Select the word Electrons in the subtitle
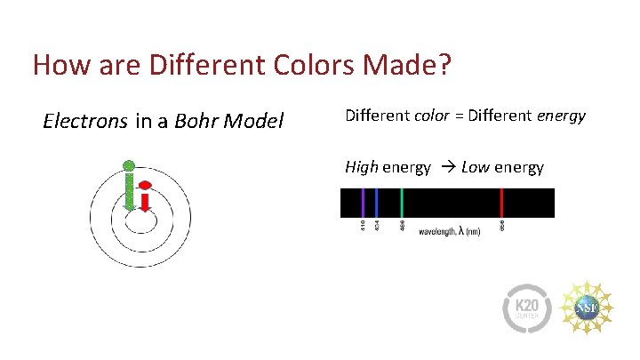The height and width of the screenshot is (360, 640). [x=85, y=121]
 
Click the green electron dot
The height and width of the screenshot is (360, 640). [x=129, y=165]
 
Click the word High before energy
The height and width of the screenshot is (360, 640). [x=362, y=166]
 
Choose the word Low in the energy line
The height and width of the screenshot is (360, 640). [x=476, y=166]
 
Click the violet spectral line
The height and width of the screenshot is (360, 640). [x=363, y=203]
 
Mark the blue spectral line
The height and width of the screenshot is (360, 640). [x=377, y=203]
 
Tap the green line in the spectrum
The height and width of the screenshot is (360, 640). [x=403, y=203]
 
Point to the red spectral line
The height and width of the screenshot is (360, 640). [x=502, y=203]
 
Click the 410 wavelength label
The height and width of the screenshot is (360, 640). [x=363, y=227]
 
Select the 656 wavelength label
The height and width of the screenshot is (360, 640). [x=502, y=227]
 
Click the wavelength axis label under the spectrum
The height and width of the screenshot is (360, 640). [x=450, y=232]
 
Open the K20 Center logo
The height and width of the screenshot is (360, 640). [x=528, y=307]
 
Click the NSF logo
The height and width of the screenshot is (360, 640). [x=588, y=306]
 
